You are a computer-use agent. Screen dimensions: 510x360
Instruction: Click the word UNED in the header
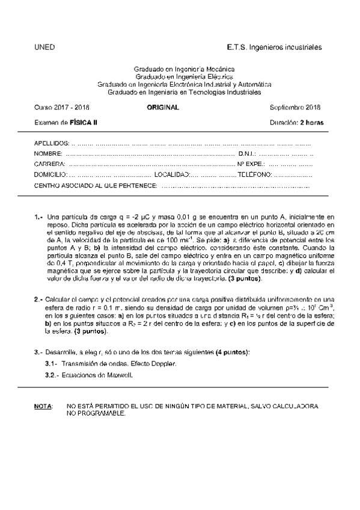coord(44,47)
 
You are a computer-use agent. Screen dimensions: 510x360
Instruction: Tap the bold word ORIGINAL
coord(163,107)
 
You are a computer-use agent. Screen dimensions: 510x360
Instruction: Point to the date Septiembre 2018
coord(296,107)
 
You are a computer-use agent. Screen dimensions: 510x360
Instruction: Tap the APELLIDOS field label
coord(51,144)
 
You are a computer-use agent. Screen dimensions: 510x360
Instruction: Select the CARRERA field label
coord(49,164)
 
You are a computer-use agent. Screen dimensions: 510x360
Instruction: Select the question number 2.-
coord(38,299)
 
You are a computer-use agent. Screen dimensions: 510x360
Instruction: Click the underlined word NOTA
coord(43,407)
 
